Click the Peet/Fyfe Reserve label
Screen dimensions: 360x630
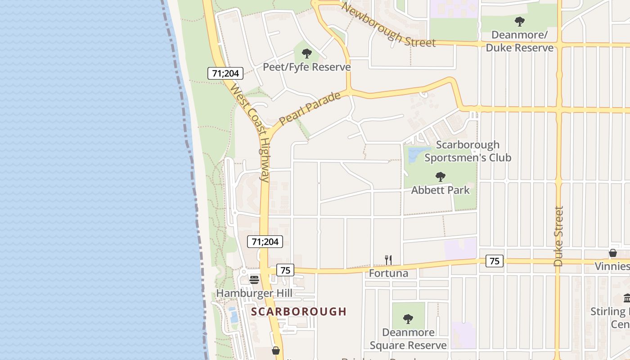click(x=306, y=67)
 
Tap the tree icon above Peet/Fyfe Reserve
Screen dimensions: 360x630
click(x=307, y=54)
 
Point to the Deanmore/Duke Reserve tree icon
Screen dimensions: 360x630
click(x=519, y=21)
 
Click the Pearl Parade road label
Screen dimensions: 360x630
click(x=310, y=108)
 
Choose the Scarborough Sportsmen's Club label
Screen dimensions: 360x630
click(x=468, y=151)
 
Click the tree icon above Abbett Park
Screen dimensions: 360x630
click(x=441, y=177)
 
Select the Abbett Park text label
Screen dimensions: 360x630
click(x=441, y=190)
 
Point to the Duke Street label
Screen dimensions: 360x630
click(x=558, y=236)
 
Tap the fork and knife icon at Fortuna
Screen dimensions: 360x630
click(x=388, y=260)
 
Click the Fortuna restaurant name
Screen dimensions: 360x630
click(x=388, y=273)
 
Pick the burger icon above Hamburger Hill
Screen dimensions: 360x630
click(x=254, y=279)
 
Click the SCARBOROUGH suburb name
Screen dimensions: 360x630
click(x=299, y=311)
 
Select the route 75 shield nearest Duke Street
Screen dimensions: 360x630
click(x=495, y=261)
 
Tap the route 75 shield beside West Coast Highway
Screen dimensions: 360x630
click(x=285, y=270)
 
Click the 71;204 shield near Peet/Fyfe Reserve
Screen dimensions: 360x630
click(x=225, y=73)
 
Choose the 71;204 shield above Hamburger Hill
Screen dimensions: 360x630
click(x=265, y=242)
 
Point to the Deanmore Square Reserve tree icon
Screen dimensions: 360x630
click(x=408, y=319)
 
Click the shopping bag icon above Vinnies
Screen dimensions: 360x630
click(x=613, y=253)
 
